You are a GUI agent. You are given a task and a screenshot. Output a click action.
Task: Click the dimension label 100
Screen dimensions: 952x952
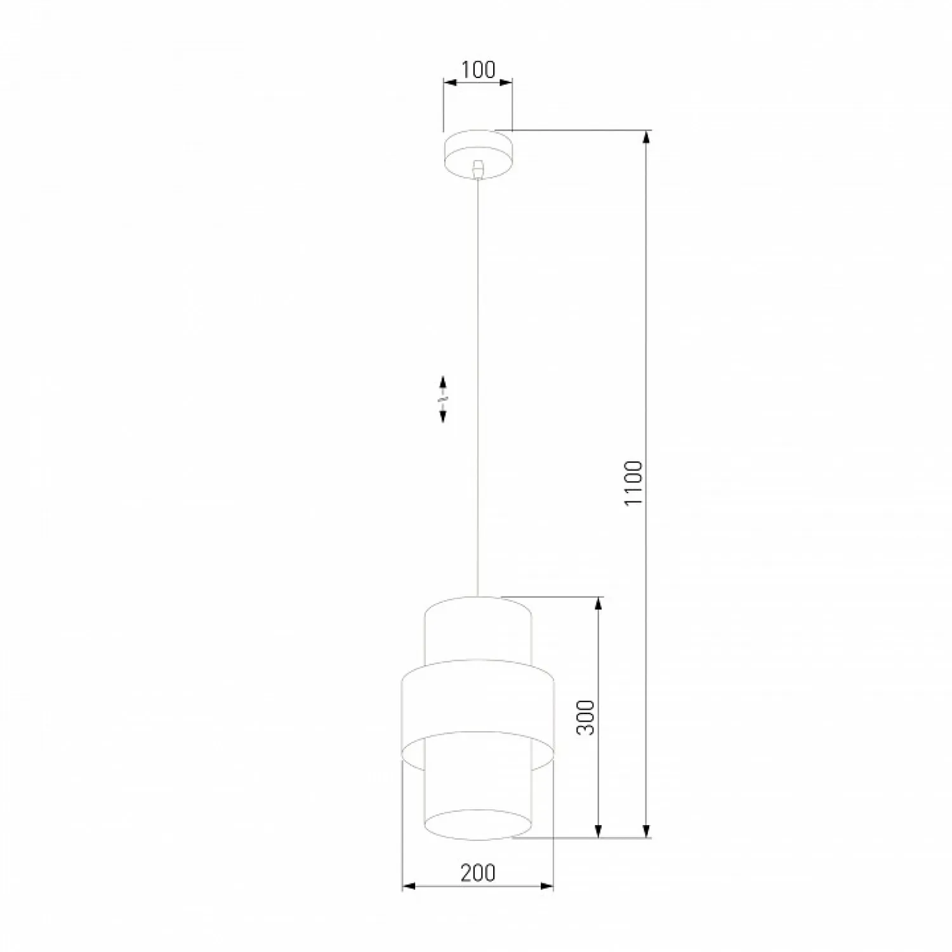478,70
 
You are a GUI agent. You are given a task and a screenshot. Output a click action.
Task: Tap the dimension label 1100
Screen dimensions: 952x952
634,484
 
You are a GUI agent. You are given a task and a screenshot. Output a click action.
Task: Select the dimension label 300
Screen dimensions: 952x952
586,717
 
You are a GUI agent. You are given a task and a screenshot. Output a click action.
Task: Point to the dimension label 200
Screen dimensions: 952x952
478,873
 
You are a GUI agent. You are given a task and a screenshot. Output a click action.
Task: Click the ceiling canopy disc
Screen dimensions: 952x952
478,155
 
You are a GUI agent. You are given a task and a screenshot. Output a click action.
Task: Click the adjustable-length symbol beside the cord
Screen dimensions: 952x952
443,399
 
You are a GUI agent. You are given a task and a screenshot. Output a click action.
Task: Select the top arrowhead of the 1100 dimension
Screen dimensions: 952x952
647,138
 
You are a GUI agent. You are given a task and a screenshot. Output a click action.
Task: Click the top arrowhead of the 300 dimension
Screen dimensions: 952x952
598,604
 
